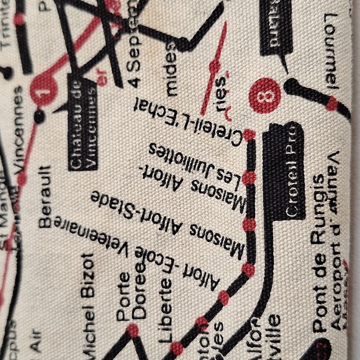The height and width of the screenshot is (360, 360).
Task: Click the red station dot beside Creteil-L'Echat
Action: point(249,135)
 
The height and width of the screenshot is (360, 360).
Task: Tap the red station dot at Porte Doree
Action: point(132,330)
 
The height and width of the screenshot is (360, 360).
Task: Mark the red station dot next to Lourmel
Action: point(332,104)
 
